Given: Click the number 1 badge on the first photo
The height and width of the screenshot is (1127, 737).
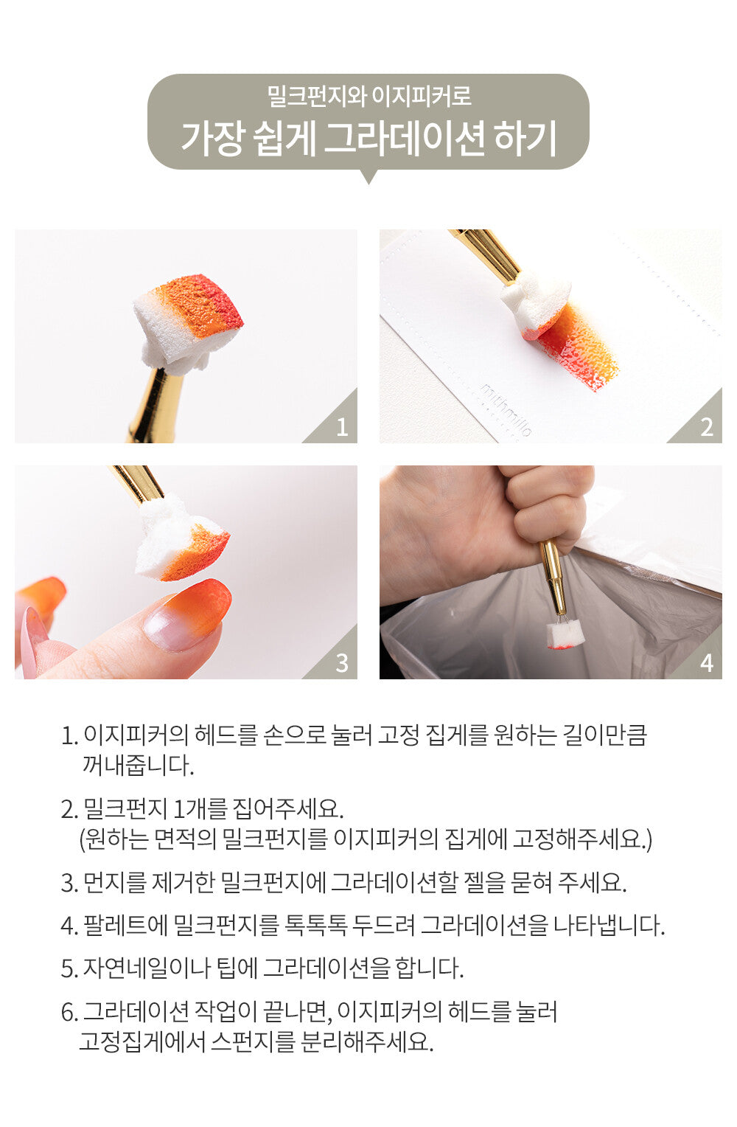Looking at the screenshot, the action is pos(342,427).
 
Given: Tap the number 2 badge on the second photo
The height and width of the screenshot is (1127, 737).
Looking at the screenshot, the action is pos(706,427).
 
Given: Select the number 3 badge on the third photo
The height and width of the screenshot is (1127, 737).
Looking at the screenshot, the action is pos(342,663).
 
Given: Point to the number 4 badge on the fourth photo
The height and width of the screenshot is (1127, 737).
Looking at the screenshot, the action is pos(706,663).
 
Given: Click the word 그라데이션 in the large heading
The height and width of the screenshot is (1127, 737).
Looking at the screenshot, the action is pos(405,138).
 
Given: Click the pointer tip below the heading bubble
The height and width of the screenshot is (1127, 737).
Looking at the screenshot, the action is pos(368,183).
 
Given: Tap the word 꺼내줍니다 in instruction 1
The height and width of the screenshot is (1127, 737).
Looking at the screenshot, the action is pos(138,766).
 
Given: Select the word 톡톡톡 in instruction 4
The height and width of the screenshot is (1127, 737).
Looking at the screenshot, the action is pos(315,925).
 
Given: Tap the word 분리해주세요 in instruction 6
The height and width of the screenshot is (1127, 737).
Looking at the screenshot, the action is pos(366,1041).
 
